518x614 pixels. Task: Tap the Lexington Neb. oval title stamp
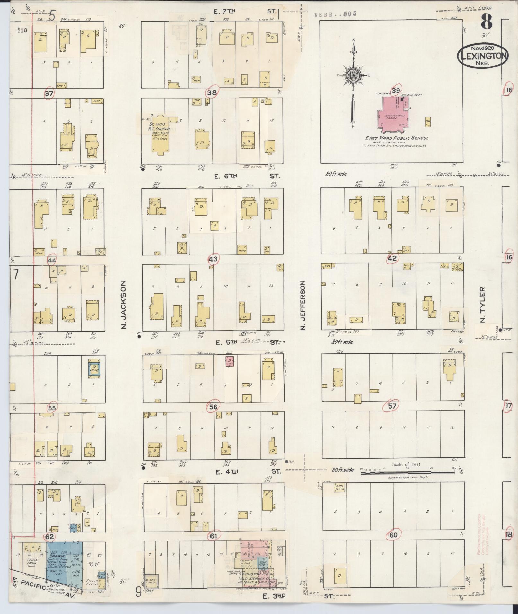tap(482, 56)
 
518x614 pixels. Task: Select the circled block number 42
tap(392, 258)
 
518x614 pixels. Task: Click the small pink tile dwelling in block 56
tap(230, 361)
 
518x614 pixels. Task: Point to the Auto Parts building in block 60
tap(339, 488)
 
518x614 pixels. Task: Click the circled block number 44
tap(51, 260)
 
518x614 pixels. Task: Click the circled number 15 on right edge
tap(508, 90)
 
